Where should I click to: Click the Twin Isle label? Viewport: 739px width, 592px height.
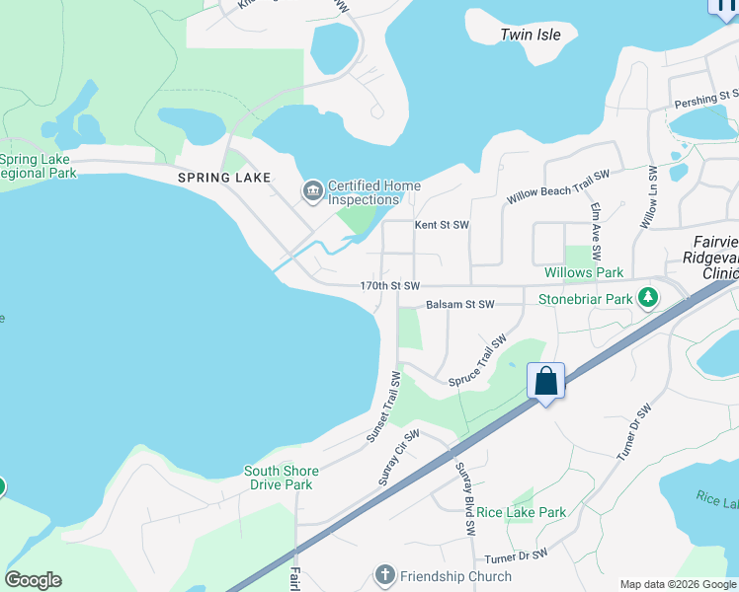pyautogui.click(x=531, y=35)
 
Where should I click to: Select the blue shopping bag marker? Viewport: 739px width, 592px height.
pyautogui.click(x=545, y=382)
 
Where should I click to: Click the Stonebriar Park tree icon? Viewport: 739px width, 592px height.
pyautogui.click(x=648, y=297)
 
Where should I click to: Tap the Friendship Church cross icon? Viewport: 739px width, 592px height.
pyautogui.click(x=384, y=575)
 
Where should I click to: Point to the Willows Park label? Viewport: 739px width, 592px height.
pyautogui.click(x=584, y=271)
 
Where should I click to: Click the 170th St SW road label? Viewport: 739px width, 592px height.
pyautogui.click(x=390, y=285)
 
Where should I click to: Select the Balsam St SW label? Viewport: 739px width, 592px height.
pyautogui.click(x=459, y=305)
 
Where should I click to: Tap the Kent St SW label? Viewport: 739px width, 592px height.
pyautogui.click(x=441, y=225)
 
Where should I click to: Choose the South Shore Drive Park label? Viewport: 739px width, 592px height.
pyautogui.click(x=279, y=478)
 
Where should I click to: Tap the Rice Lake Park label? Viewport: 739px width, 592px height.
pyautogui.click(x=522, y=512)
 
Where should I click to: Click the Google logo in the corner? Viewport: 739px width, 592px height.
pyautogui.click(x=33, y=580)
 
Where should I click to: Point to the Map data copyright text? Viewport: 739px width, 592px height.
pyautogui.click(x=677, y=584)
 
